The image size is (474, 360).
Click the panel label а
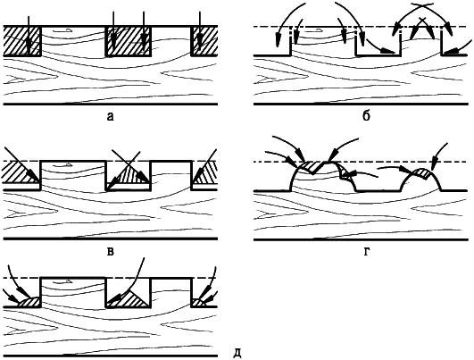[111, 116]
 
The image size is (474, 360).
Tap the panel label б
[366, 116]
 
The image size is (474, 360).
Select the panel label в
[111, 251]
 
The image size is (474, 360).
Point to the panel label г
[366, 252]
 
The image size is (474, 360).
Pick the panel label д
[238, 354]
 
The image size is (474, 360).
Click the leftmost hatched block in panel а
[21, 41]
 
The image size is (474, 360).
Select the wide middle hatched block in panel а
[129, 41]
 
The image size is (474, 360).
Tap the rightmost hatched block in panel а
[204, 41]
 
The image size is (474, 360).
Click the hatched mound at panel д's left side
[29, 302]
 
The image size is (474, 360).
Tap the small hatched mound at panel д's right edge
[199, 303]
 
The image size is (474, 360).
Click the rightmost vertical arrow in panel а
[200, 30]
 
